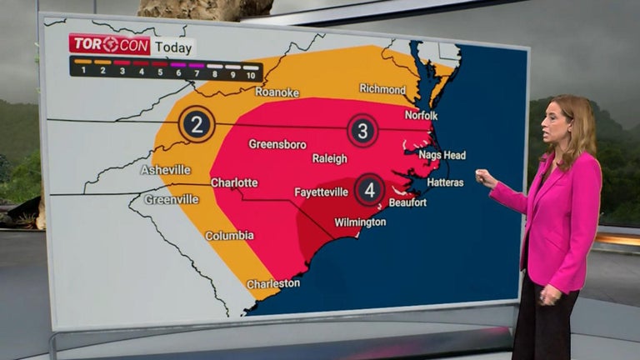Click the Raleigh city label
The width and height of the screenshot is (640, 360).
[x=330, y=158]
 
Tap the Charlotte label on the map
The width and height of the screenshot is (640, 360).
[x=234, y=182]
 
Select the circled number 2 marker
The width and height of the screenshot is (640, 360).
[x=197, y=124]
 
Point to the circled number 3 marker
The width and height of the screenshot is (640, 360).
[x=362, y=130]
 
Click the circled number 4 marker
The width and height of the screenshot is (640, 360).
[x=370, y=189]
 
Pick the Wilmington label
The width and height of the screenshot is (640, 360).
[x=360, y=222]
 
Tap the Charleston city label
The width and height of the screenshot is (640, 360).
[x=273, y=283]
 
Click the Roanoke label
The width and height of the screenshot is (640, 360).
[x=277, y=92]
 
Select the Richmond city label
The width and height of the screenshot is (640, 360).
[x=382, y=88]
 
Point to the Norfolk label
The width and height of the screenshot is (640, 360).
[x=422, y=115]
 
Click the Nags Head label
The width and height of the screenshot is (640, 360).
[x=442, y=155]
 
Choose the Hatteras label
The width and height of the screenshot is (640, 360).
[x=446, y=181]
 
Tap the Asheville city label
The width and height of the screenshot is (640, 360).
[x=166, y=170]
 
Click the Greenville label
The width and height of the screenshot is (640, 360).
[x=171, y=200]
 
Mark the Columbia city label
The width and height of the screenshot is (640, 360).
[x=229, y=236]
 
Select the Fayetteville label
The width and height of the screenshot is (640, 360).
[x=322, y=192]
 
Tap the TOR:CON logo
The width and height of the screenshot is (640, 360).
[x=110, y=44]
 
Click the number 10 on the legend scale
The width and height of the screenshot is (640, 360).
[x=250, y=75]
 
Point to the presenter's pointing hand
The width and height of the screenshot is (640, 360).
[x=484, y=177]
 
